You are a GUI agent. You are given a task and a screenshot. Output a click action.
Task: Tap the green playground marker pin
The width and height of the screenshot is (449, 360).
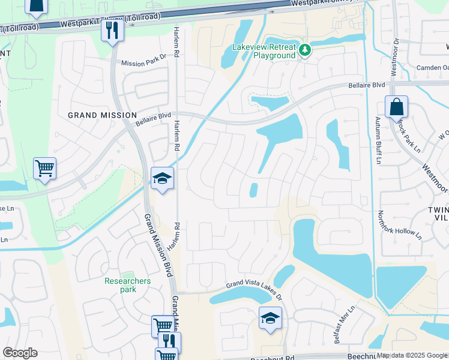[x=305, y=50]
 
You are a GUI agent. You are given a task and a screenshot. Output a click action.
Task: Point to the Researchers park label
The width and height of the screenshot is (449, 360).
[x=128, y=285]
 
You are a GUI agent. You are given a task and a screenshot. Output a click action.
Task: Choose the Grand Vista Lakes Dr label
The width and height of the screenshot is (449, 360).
[x=253, y=290]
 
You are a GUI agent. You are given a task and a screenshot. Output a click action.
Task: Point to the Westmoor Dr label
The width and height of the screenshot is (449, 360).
[x=394, y=58]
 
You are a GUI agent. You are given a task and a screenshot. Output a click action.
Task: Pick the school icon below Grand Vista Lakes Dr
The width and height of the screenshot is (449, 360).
[x=270, y=318]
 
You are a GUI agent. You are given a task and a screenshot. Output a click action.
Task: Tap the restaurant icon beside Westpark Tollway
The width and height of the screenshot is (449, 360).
[x=112, y=30]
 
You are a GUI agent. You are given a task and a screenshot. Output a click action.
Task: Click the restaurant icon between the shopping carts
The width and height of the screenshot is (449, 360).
[x=169, y=342]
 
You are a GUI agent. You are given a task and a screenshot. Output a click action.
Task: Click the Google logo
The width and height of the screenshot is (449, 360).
[x=20, y=353]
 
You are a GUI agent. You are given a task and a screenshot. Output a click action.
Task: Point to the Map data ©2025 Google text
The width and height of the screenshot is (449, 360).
[x=412, y=355]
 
